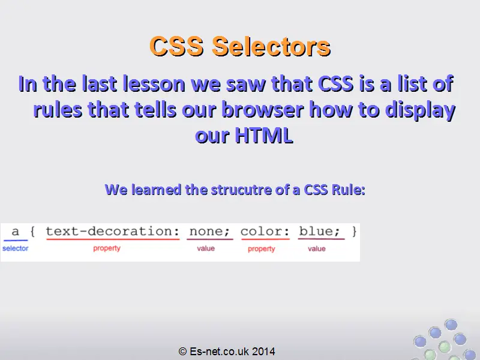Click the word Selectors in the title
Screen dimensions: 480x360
point(271,46)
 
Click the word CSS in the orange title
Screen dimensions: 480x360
point(176,46)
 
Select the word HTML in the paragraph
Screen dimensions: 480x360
point(264,135)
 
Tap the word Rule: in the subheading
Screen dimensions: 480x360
point(349,190)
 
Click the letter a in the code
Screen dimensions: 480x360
point(16,232)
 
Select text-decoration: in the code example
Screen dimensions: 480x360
point(113,232)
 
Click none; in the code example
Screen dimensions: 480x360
point(209,232)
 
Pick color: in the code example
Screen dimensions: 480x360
point(265,232)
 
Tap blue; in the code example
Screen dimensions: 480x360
point(319,232)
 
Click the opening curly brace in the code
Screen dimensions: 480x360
point(33,232)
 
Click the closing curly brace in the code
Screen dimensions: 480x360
point(354,232)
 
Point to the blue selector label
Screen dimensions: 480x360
point(16,248)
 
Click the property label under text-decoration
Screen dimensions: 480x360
point(107,248)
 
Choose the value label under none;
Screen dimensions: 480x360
point(206,248)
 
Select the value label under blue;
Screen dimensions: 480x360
point(317,248)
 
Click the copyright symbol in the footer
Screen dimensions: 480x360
point(182,352)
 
